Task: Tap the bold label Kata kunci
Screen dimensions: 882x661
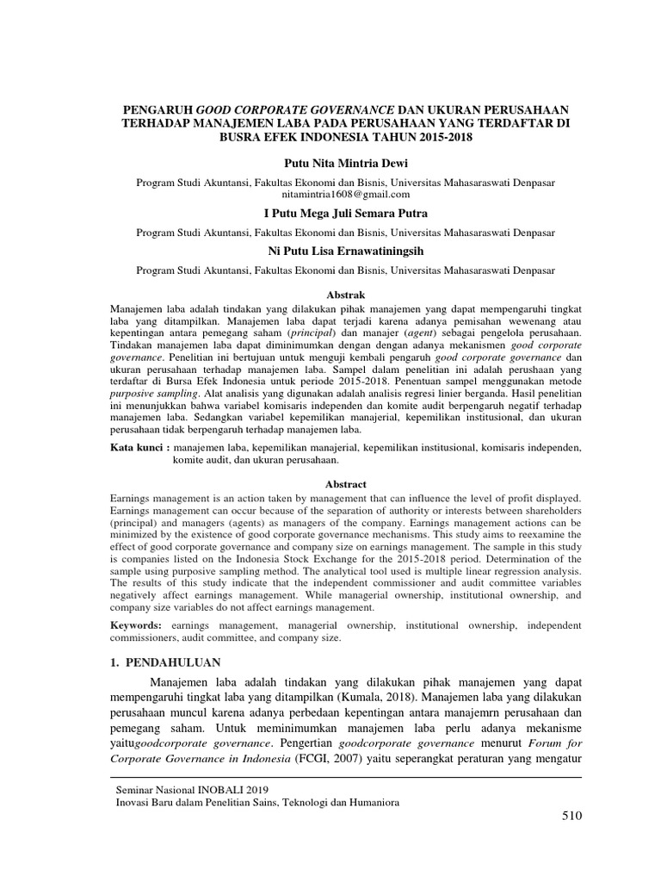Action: tap(140, 448)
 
